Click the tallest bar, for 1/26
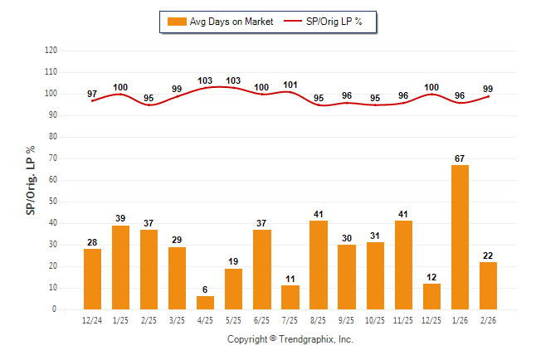[x=460, y=237]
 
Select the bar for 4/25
[x=206, y=303]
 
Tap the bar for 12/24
[x=93, y=279]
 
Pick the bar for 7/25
[x=290, y=297]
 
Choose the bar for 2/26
[x=488, y=285]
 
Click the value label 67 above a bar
[x=460, y=158]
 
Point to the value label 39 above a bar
[x=121, y=218]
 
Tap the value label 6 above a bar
[x=206, y=289]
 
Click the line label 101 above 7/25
[x=290, y=84]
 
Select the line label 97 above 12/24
[x=93, y=94]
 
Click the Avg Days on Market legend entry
[x=220, y=22]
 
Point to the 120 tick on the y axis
[x=51, y=51]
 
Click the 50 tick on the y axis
[x=52, y=202]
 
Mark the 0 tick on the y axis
[x=55, y=309]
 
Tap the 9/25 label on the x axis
[x=347, y=319]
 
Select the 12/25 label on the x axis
[x=431, y=319]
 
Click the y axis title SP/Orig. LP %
[x=31, y=180]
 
